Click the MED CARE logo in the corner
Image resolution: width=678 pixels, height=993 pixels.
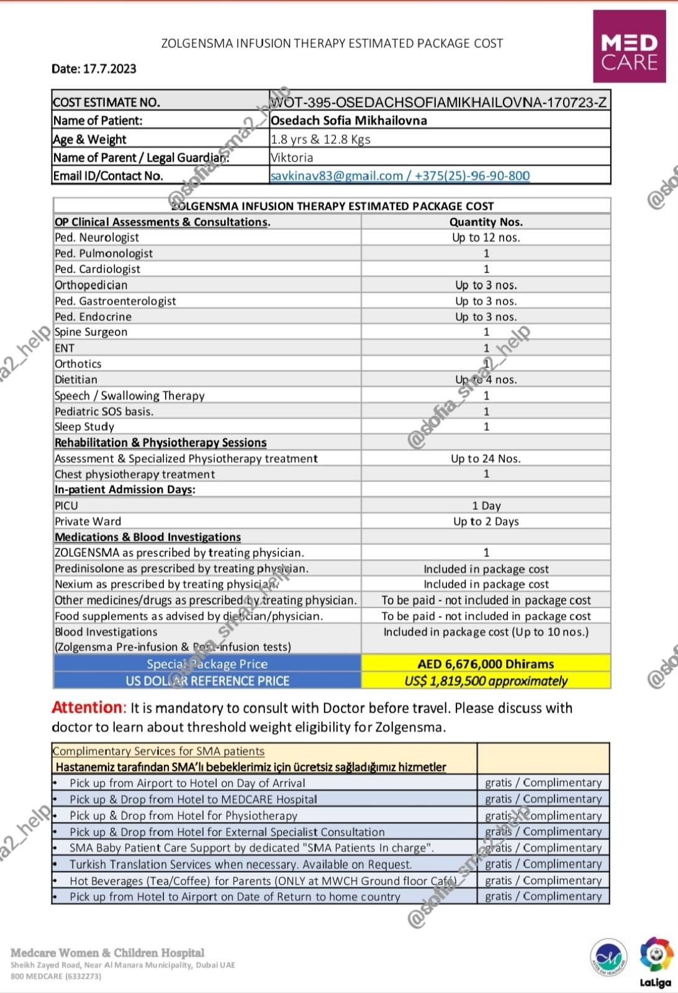629,47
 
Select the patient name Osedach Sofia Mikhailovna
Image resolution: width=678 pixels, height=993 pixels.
349,120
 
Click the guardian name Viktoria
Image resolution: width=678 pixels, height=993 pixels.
292,158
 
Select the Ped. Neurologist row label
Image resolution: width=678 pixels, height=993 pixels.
97,238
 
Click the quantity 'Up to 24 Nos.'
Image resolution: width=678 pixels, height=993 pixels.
486,459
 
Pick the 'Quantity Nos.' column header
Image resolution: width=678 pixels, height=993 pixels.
486,222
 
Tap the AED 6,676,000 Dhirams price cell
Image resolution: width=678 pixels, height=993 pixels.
486,663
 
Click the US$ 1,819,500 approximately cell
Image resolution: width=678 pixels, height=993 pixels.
486,681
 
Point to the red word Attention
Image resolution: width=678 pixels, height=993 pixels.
88,708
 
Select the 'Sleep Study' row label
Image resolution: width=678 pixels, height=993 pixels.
84,427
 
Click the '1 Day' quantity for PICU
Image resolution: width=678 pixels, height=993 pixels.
486,506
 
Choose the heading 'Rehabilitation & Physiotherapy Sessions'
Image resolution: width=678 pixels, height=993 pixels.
160,443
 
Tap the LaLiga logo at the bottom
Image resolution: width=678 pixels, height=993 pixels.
656,963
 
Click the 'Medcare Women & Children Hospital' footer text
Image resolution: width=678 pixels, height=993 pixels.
107,953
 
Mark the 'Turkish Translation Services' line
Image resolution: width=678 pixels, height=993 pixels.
240,865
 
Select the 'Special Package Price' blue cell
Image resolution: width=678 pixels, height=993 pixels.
207,663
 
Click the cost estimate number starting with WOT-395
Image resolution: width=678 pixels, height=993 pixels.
439,102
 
